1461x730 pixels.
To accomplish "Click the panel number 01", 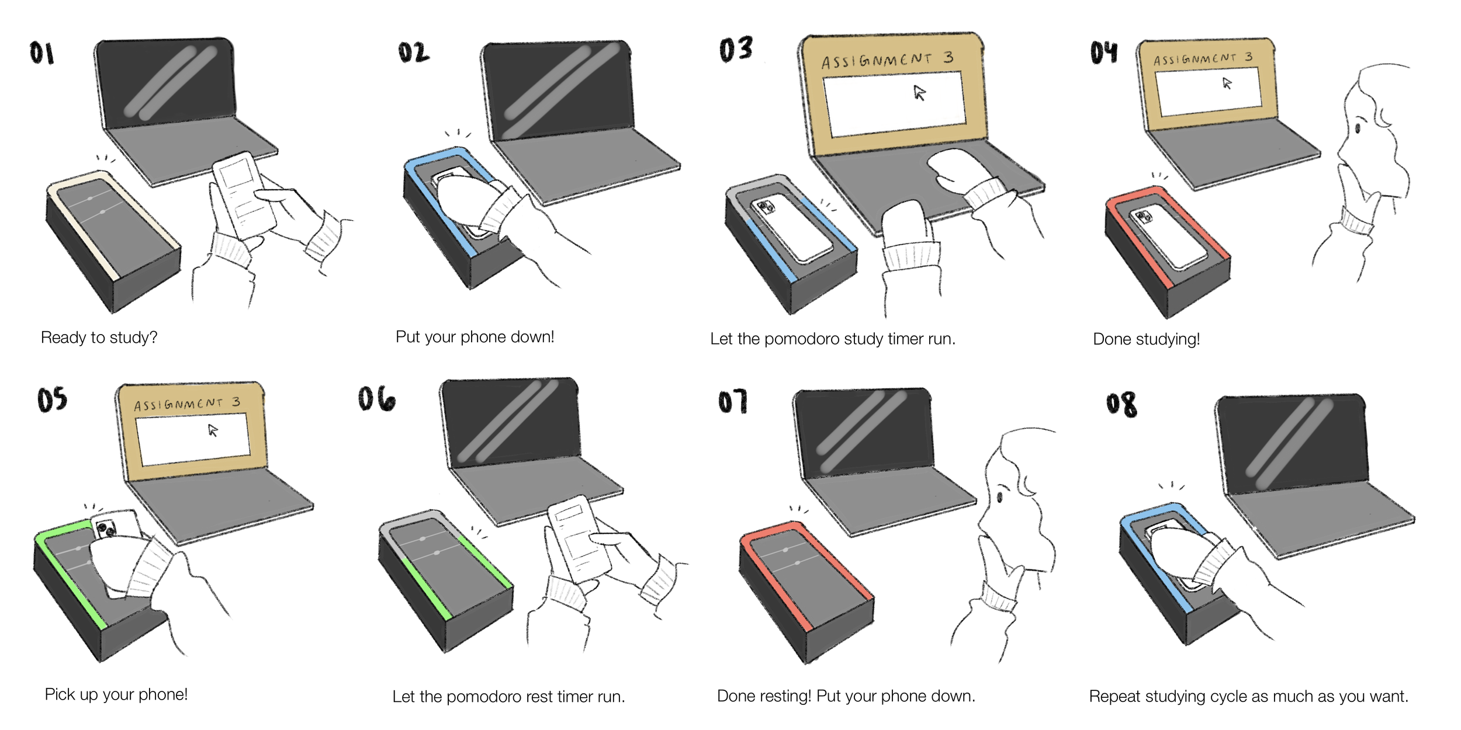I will [41, 53].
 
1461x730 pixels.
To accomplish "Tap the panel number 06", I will [377, 399].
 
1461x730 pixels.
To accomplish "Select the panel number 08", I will [1121, 404].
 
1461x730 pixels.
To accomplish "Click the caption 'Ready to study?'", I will [99, 338].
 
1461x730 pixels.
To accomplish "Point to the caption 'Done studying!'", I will [1146, 339].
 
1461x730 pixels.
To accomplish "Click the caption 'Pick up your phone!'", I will [116, 694].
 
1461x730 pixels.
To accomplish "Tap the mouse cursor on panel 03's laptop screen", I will [919, 93].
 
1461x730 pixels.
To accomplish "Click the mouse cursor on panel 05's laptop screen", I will [213, 430].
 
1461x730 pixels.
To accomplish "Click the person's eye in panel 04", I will [1358, 128].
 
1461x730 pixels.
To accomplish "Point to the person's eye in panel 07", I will [999, 497].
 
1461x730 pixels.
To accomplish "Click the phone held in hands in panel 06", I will [579, 537].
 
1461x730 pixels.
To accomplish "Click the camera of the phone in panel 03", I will [765, 206].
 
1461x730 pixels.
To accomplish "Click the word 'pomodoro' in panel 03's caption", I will [794, 339].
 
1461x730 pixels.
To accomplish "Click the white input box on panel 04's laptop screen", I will [1208, 91].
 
